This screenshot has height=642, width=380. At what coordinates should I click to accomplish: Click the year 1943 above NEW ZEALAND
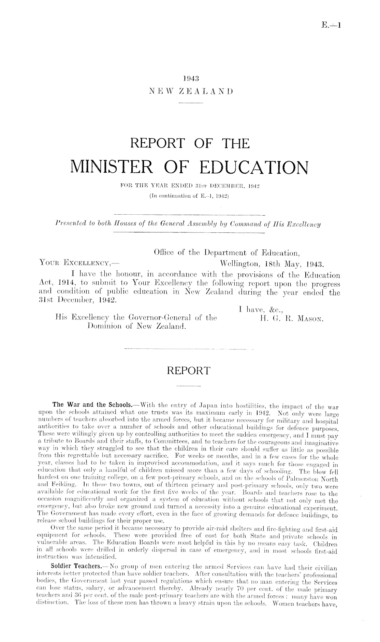[190, 78]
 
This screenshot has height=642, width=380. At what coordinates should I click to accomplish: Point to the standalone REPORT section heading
[190, 370]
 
